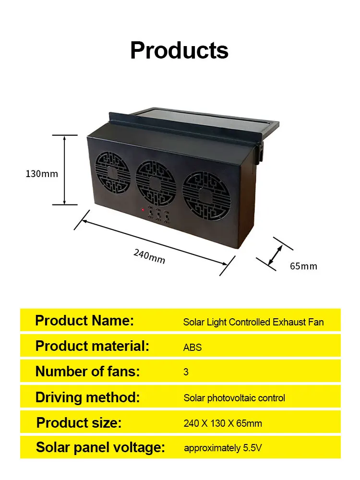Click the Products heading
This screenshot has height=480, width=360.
(179, 50)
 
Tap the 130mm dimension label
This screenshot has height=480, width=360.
(42, 174)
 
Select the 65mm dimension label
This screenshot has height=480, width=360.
(303, 266)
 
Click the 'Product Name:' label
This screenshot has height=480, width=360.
(84, 321)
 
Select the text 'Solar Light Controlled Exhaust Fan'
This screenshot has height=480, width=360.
(253, 322)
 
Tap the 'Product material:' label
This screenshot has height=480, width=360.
(93, 346)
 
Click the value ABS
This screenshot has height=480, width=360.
(192, 348)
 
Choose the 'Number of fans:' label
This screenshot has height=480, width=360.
(88, 371)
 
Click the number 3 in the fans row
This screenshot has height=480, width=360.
(186, 372)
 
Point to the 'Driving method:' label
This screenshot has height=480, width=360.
(87, 397)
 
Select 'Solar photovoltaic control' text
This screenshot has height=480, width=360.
(234, 398)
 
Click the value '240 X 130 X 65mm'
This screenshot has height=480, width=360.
(223, 424)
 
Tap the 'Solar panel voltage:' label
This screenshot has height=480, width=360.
(100, 448)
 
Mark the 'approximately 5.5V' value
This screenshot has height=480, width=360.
(223, 448)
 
